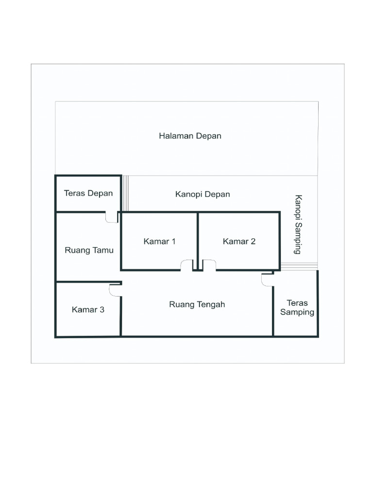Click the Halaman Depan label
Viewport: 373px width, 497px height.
190,136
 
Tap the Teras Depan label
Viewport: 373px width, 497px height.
88,193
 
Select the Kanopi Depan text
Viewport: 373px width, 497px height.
203,194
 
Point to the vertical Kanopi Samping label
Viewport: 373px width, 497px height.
298,224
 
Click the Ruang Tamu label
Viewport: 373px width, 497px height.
89,250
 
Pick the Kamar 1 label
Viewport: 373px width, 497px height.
159,241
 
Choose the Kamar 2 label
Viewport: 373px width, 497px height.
239,241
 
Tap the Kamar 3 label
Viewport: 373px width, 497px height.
88,309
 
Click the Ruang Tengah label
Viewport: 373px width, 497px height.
197,305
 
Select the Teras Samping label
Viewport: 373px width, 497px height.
297,308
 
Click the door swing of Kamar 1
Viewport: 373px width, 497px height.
186,265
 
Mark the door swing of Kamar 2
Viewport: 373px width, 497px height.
209,265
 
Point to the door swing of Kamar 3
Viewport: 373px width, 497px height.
115,290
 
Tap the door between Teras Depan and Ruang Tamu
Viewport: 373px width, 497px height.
112,217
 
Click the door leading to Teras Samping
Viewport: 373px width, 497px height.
267,280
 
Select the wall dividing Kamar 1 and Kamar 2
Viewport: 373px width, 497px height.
197,238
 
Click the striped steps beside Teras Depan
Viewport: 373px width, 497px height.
125,193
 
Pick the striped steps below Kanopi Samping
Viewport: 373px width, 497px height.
299,266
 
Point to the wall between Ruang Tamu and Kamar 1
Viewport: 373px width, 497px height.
121,243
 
